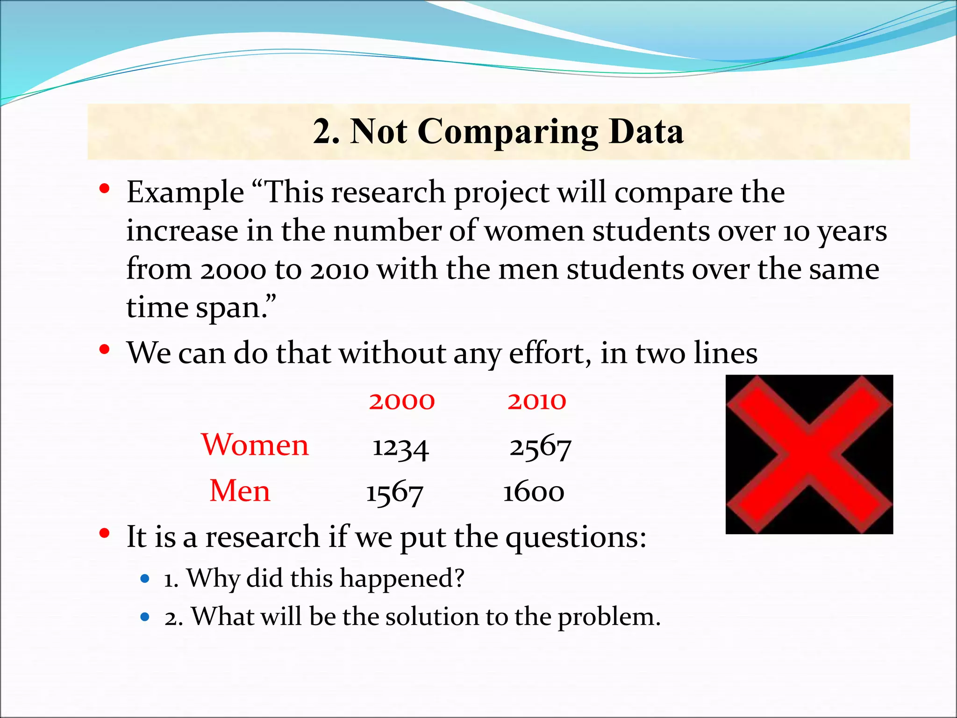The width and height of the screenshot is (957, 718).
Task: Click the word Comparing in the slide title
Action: point(507,132)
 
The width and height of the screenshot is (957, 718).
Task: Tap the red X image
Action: point(809,454)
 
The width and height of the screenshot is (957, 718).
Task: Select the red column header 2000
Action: point(402,401)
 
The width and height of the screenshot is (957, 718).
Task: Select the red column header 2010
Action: point(537,401)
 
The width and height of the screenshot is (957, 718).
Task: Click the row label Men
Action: point(240,491)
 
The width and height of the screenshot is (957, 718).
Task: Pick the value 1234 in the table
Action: point(400,448)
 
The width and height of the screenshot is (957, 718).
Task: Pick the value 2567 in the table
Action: point(540,448)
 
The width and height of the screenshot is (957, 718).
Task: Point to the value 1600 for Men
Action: point(534,492)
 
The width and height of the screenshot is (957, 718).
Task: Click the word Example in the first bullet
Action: point(185,193)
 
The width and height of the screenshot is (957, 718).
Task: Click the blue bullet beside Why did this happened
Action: point(145,579)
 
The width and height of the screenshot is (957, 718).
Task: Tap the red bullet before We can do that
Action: point(105,349)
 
